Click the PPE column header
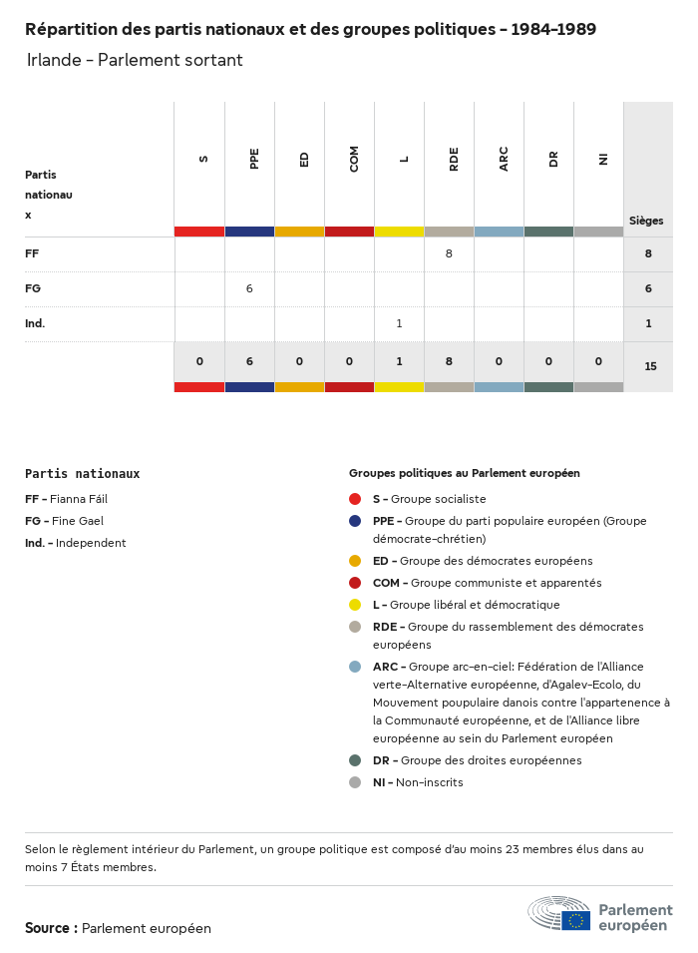coord(254,159)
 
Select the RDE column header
coord(454,159)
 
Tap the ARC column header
coord(504,159)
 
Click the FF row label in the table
coord(32,253)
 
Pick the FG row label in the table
coord(33,288)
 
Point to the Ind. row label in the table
coord(35,323)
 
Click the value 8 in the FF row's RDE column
coord(449,253)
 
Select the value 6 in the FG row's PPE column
coord(249,288)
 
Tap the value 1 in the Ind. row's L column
coord(399,323)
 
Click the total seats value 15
coord(650,366)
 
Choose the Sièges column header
coord(646,221)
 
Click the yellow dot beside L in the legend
coord(355,605)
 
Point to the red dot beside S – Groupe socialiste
coord(355,499)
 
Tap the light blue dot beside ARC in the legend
coord(355,667)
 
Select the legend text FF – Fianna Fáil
coord(66,499)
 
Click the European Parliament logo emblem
coord(558,913)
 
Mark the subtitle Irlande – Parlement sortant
coord(135,60)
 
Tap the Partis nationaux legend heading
coord(83,474)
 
